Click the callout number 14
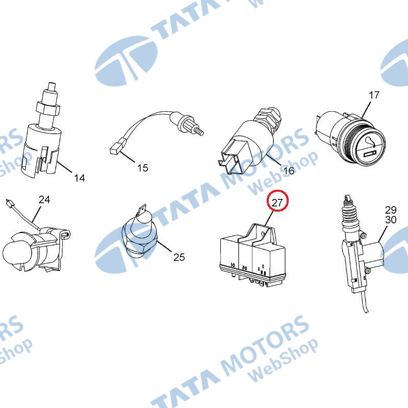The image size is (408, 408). (x=80, y=178)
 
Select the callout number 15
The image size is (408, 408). (x=143, y=168)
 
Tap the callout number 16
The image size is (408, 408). (x=289, y=170)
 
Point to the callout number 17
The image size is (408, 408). (x=374, y=95)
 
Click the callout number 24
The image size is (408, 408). (x=44, y=199)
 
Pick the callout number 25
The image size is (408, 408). (x=179, y=257)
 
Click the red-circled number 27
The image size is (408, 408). (x=277, y=202)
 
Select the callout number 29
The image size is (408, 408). (x=391, y=210)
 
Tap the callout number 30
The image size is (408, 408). (x=391, y=220)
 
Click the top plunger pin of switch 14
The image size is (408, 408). (x=52, y=86)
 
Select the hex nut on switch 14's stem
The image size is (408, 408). (x=48, y=108)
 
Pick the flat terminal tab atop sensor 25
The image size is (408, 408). (x=142, y=210)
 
